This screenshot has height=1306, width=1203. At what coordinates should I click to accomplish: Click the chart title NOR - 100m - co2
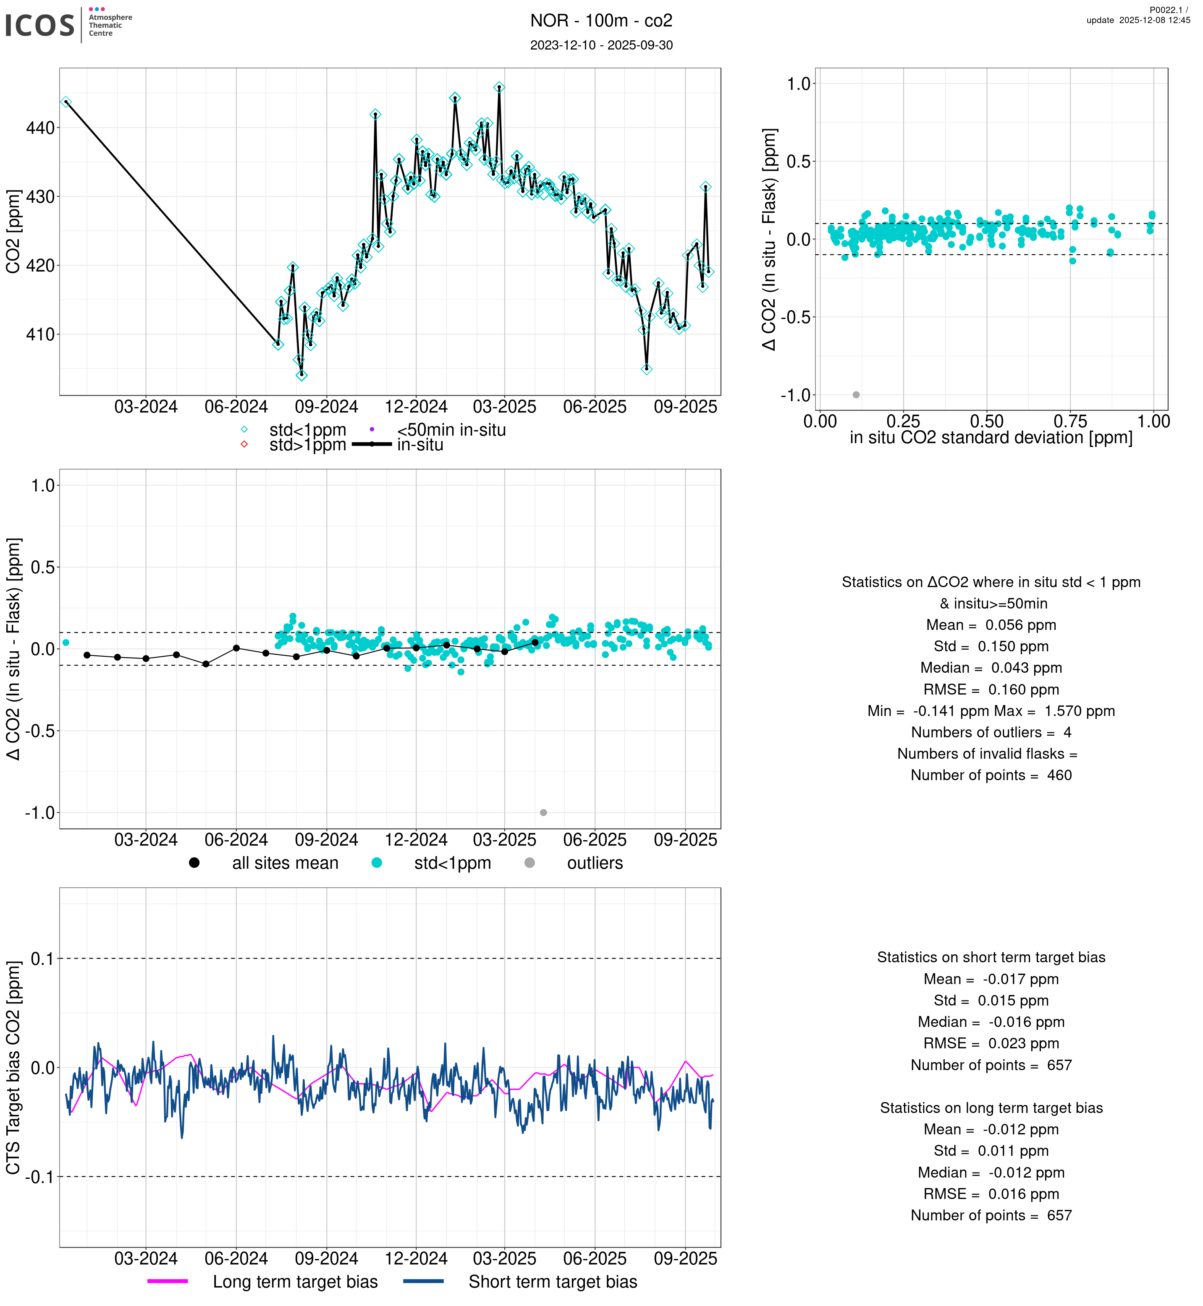pos(601,21)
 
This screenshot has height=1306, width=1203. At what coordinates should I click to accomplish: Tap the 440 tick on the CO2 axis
pos(40,128)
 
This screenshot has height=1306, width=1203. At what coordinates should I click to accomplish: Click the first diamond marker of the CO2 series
pos(66,102)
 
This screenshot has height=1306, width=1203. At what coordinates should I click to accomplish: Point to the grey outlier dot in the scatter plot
pos(856,395)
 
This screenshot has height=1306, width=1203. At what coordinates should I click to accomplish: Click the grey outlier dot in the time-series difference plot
pos(544,813)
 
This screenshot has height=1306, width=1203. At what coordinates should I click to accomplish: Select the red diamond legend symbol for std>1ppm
pos(244,445)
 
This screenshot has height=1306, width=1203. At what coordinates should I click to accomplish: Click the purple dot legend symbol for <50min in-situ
pos(372,429)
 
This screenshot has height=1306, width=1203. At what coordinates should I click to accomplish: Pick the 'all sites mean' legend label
pos(285,864)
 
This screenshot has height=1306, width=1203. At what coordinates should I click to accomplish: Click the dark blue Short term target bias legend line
pos(423,1281)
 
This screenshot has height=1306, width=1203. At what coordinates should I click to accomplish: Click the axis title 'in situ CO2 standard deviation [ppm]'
pos(991,438)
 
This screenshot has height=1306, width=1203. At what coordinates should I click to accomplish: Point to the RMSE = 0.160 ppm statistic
pos(991,690)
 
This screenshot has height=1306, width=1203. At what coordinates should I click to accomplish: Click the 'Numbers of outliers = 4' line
pos(991,733)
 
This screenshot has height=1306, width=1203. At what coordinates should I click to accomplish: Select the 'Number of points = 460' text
pos(991,776)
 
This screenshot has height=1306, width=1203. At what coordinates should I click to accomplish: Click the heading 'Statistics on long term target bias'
pos(991,1108)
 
